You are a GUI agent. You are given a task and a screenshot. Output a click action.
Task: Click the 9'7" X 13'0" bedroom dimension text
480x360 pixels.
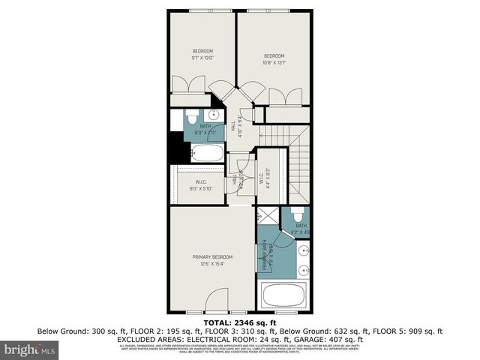202,57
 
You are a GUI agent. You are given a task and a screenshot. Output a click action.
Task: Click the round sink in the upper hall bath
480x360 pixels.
214,115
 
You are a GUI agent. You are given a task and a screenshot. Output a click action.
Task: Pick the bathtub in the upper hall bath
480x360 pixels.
205,154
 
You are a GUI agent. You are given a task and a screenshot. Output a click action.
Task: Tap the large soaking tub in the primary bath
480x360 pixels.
286,294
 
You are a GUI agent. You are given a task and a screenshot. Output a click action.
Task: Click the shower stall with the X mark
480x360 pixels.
265,214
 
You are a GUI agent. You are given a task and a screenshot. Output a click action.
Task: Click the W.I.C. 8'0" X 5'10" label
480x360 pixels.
200,185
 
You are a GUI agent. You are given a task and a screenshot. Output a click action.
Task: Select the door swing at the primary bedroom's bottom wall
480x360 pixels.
215,303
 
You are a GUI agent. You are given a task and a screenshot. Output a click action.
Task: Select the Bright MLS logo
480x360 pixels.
30,349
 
